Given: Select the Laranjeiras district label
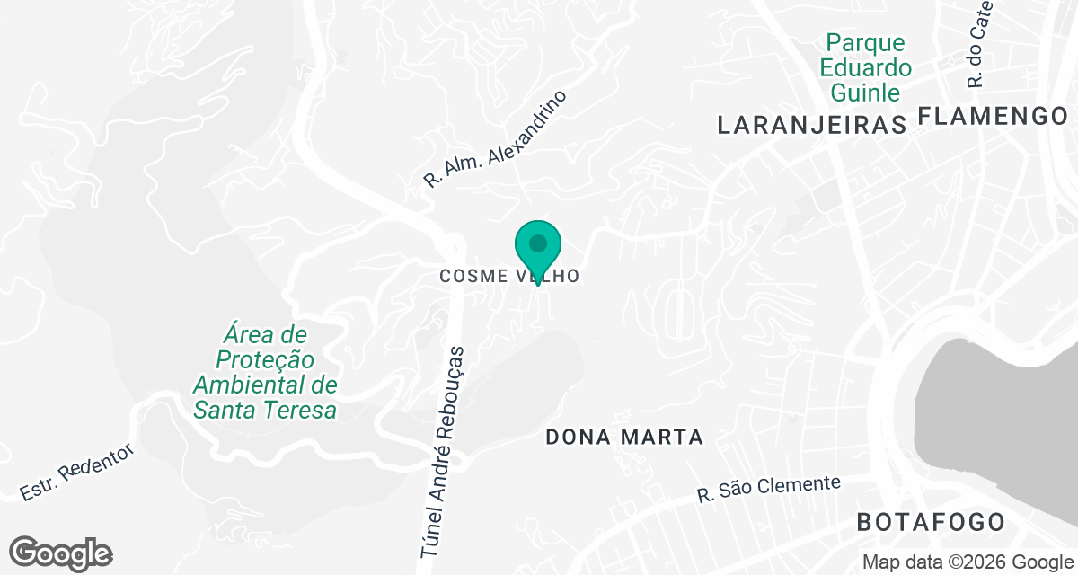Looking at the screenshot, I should pos(811,125).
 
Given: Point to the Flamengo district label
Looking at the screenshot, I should pos(993,116).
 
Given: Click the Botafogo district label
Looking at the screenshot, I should pos(930,522).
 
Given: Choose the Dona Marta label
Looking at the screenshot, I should pos(624,438).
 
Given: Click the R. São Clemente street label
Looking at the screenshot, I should pos(769,490).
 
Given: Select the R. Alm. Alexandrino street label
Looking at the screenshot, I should pos(496,138).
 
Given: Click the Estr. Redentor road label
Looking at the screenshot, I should pos(76,472).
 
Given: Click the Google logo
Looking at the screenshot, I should pos(60,553).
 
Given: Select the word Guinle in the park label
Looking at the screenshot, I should pos(865,92).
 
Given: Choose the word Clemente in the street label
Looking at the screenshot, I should pos(794,486).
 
